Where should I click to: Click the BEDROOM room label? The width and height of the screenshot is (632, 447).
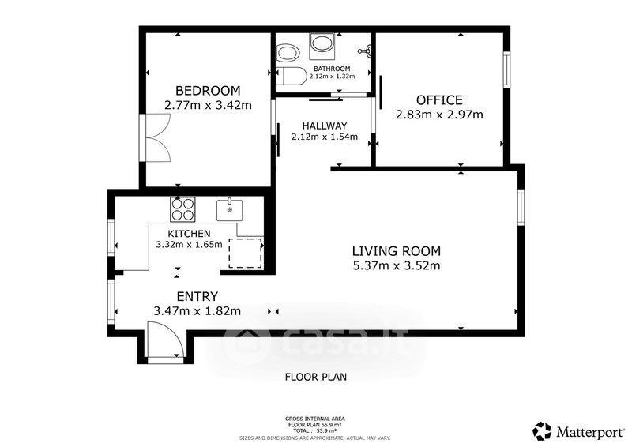point(208,90)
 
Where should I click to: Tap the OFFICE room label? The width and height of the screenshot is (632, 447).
point(439,100)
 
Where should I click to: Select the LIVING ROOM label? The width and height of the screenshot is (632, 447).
point(397,251)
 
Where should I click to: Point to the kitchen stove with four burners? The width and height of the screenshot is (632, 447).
point(182,209)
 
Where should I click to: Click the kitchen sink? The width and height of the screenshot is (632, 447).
point(229,210)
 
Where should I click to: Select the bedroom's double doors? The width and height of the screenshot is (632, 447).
point(158,138)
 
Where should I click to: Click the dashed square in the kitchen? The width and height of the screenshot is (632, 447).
point(246,254)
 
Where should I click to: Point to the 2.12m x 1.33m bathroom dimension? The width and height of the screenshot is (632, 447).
point(332,76)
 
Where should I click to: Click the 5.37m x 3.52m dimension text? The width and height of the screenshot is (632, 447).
point(397,265)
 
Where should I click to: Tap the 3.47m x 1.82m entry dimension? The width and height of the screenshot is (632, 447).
point(197,311)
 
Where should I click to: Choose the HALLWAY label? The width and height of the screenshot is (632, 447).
point(325,126)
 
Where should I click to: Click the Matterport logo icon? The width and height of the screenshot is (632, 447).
point(542,431)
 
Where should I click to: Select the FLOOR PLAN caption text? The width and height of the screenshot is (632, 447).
point(316,377)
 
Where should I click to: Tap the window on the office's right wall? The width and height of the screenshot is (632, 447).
point(506,69)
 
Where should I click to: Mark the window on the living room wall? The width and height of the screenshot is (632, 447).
point(521,207)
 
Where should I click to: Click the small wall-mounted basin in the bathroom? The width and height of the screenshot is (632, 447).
point(366,51)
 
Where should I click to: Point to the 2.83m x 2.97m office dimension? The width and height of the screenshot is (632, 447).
point(439,115)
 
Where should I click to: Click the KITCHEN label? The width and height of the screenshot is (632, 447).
point(189,234)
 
